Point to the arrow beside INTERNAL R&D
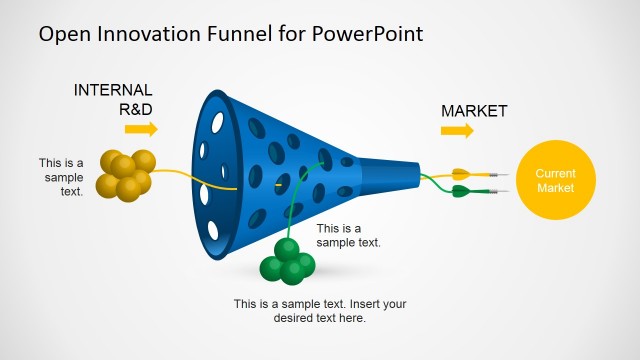tap(142, 129)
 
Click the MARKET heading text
tap(474, 110)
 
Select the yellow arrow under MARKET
tap(457, 130)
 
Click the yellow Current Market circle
tap(555, 180)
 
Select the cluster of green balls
tap(288, 266)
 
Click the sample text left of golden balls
tap(62, 177)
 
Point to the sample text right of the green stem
tap(348, 235)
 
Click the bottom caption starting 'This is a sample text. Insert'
tap(320, 311)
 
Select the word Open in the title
tap(61, 34)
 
